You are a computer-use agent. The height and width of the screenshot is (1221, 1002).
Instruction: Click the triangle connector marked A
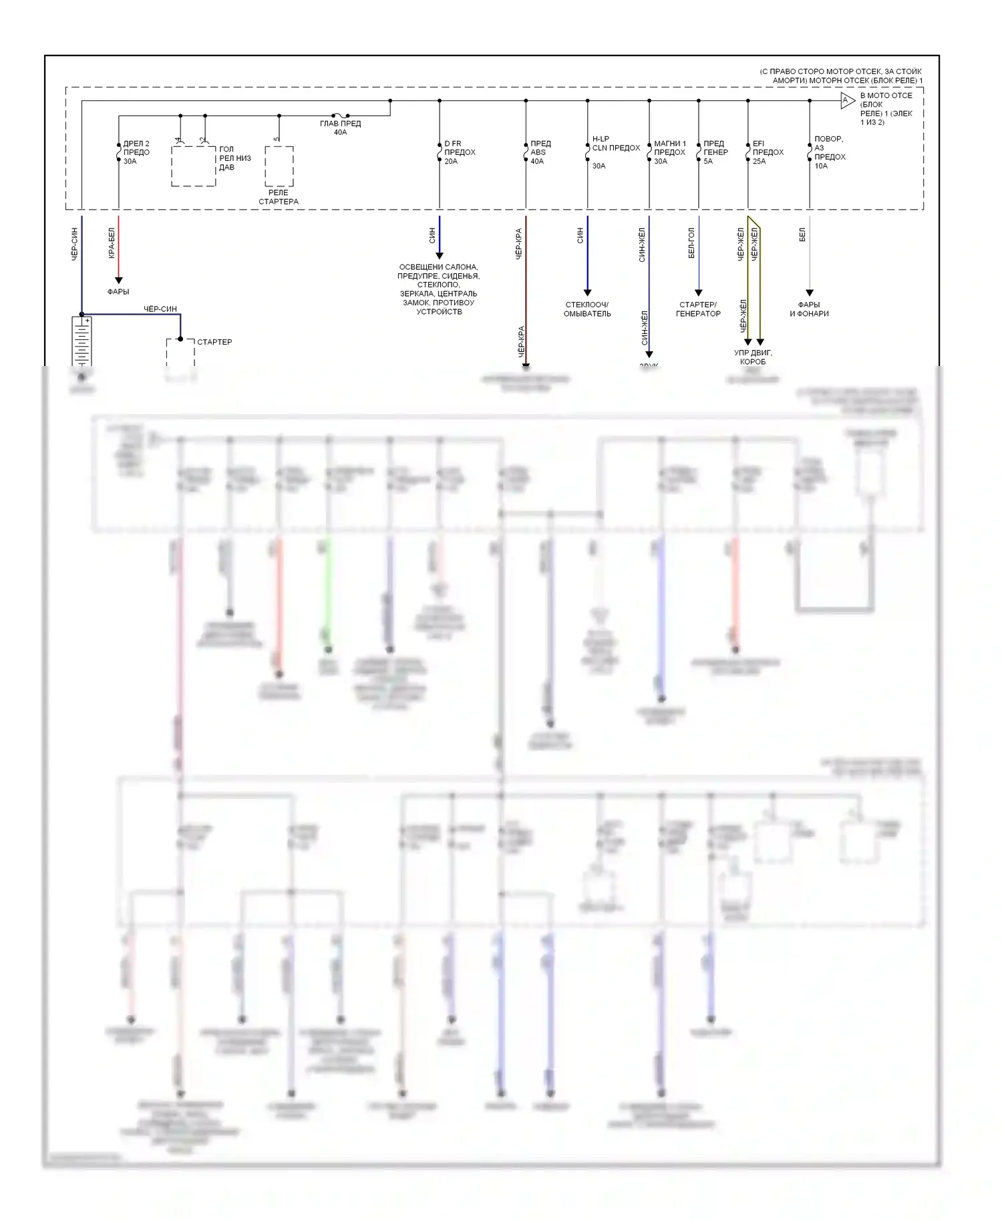[x=847, y=101]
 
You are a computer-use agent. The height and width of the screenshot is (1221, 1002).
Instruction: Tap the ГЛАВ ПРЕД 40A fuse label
[x=340, y=128]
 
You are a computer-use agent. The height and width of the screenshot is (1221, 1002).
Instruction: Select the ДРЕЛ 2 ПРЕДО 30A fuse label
[x=136, y=152]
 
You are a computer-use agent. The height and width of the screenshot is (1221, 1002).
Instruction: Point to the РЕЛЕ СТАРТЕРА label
[x=279, y=197]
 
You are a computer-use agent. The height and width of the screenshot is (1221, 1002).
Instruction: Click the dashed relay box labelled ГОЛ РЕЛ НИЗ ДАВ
[x=194, y=166]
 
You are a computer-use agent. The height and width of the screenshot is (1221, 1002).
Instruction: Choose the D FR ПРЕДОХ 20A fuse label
[x=460, y=152]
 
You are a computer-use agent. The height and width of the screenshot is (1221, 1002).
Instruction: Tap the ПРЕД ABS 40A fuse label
[x=540, y=152]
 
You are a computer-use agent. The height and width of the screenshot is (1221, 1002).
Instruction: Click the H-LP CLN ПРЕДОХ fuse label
[x=615, y=148]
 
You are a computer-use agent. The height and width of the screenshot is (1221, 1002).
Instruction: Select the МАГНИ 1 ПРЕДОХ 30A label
[x=669, y=152]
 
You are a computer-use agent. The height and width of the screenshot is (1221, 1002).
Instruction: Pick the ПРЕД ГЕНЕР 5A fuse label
[x=715, y=152]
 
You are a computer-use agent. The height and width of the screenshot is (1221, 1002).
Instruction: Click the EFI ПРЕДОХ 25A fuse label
[x=768, y=152]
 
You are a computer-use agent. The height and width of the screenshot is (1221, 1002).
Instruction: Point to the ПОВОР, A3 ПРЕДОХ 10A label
[x=829, y=152]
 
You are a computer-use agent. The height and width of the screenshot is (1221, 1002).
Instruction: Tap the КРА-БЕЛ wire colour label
[x=112, y=243]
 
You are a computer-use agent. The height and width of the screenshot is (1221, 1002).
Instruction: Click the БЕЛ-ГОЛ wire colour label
[x=691, y=243]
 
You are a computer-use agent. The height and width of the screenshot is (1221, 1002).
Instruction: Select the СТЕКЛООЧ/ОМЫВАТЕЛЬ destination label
[x=587, y=309]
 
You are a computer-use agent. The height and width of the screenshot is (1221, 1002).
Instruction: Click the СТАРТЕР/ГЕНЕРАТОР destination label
[x=698, y=309]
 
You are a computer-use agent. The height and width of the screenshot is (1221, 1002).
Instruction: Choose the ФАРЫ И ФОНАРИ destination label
[x=809, y=309]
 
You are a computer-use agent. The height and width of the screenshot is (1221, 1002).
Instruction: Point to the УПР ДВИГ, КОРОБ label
[x=753, y=357]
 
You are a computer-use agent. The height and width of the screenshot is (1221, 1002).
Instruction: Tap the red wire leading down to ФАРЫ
[x=119, y=247]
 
